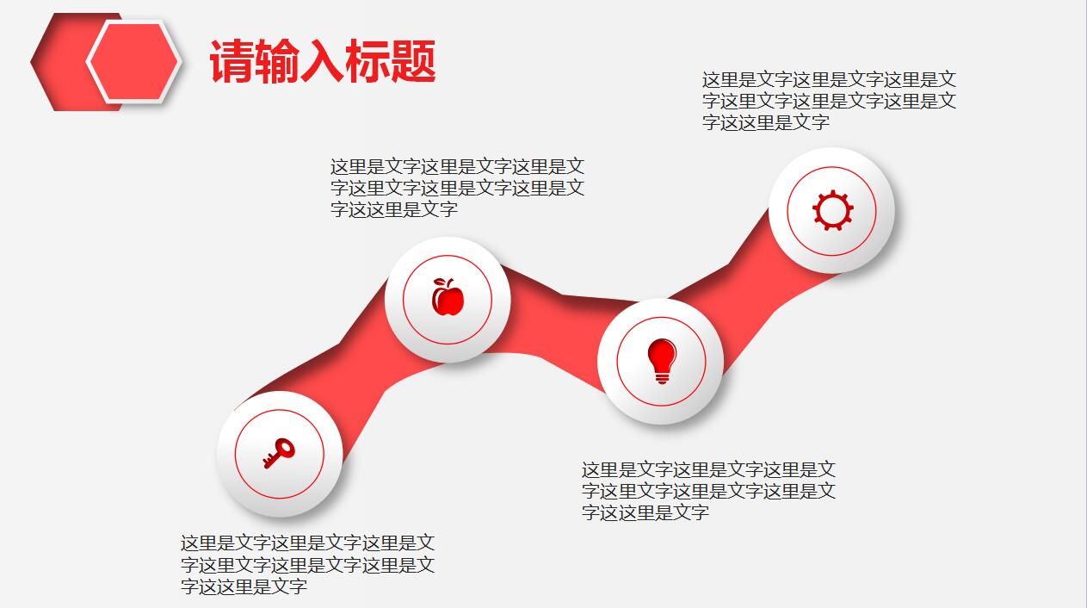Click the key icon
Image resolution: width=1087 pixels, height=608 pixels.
279,453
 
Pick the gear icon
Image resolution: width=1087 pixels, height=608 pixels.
832,211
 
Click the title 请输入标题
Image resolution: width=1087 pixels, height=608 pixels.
323,61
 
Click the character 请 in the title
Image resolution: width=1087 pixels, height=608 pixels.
232,61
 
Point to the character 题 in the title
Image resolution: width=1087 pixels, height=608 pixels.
413,61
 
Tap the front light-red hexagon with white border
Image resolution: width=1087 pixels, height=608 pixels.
133,62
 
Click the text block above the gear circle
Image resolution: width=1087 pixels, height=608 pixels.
829,101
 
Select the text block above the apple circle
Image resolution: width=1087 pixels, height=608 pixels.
457,188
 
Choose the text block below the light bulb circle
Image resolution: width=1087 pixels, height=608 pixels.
708,491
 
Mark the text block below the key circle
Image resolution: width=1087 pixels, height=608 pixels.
307,565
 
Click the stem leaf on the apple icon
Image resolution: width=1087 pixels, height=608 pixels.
444,282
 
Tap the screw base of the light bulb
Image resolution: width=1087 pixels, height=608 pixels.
661,376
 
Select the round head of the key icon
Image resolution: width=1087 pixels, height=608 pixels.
285,447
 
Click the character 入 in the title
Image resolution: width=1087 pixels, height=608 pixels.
322,61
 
